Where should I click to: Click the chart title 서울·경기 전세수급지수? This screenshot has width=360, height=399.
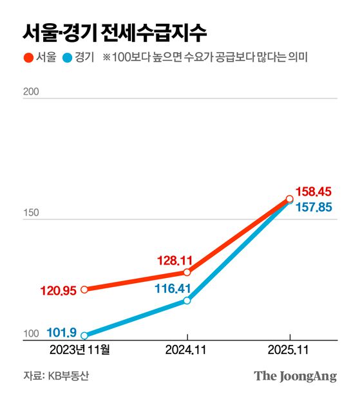coord(115,30)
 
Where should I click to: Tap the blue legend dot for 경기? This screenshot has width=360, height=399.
coord(66,58)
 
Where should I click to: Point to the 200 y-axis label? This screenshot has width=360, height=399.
coord(31,92)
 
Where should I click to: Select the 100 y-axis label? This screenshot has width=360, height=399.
coord(31,333)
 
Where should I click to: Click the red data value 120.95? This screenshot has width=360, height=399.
coord(59,290)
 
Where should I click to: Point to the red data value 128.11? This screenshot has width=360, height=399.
coord(175,261)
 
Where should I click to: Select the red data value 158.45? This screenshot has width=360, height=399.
coord(313,191)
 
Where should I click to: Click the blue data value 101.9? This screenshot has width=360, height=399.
coord(62,333)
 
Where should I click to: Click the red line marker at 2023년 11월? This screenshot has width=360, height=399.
coord(84,290)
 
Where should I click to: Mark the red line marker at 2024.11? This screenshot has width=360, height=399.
coord(187,273)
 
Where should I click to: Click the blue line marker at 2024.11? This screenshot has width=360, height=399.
coord(187,301)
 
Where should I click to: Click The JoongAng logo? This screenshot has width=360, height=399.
coord(295,376)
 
